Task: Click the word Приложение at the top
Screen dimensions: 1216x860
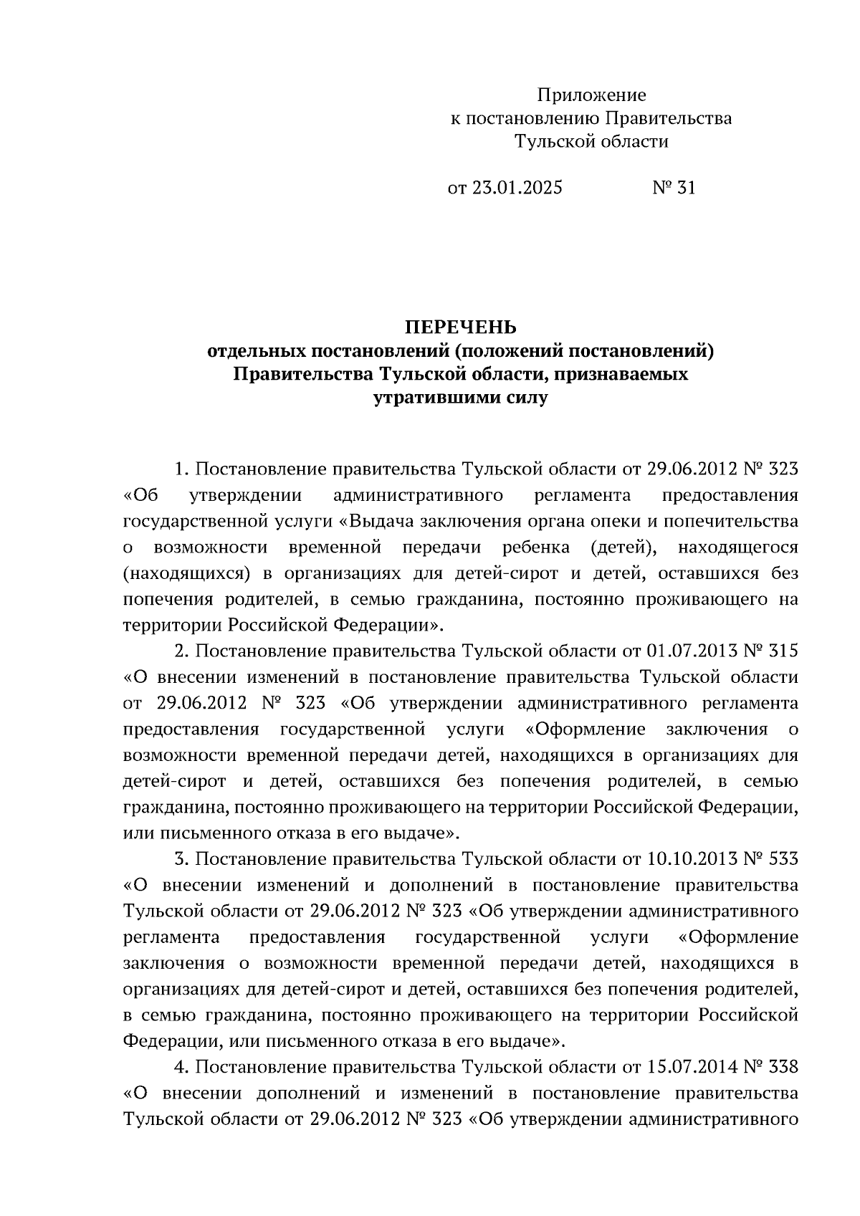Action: [591, 95]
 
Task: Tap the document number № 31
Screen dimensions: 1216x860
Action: [673, 188]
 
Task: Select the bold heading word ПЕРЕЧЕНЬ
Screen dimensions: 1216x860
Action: [460, 327]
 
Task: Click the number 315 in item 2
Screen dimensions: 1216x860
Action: [783, 651]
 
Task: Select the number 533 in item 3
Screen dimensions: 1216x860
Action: [783, 858]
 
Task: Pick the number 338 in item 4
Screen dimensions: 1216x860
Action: [783, 1067]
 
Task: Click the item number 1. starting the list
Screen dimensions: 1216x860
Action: [181, 469]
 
